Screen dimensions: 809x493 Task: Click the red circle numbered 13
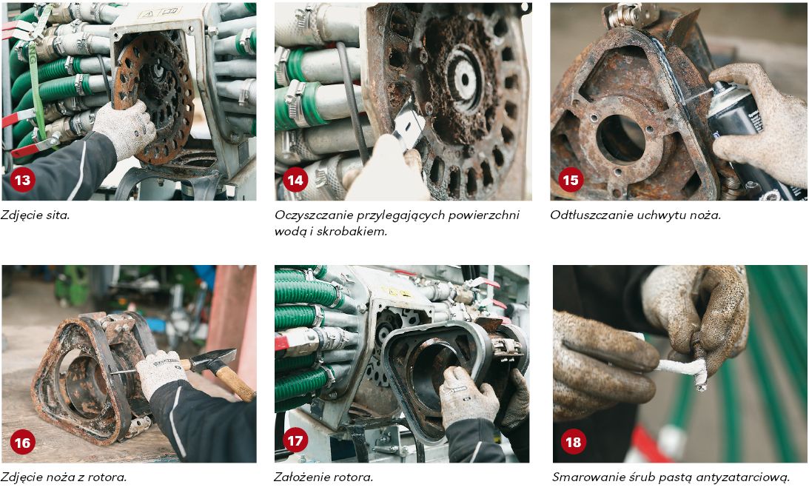coord(23,180)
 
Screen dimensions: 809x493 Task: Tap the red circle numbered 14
coord(295,180)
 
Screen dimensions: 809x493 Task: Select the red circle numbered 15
coord(570,180)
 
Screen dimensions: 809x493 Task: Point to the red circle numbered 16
coord(23,443)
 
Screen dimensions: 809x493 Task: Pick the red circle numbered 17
coord(295,440)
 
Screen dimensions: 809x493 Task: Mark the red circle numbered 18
coord(573,442)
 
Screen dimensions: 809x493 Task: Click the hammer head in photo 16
coord(215,359)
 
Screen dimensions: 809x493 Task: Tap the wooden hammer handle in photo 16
coord(235,381)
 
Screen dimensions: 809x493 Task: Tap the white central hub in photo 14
coord(465,79)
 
